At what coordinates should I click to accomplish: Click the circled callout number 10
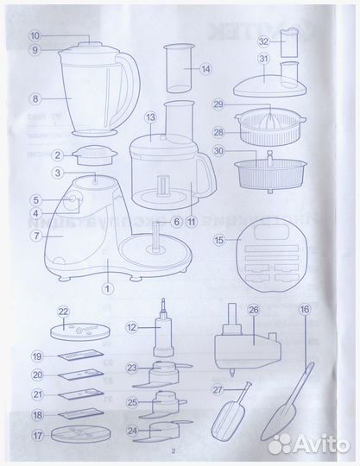[x=35, y=36]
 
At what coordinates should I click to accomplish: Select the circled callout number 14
[x=205, y=69]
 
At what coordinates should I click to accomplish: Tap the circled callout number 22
[x=61, y=312]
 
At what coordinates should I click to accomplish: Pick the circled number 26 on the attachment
[x=253, y=312]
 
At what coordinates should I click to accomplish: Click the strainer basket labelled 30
[x=273, y=171]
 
